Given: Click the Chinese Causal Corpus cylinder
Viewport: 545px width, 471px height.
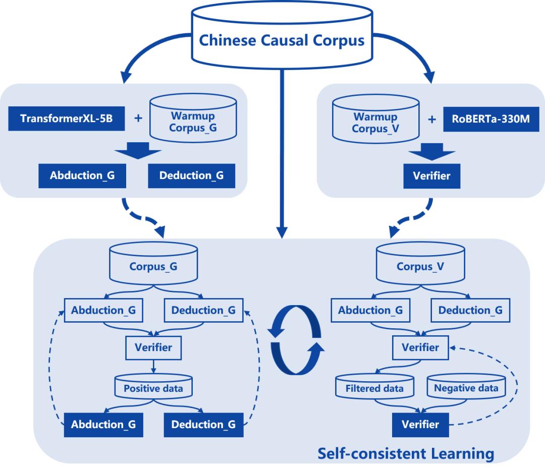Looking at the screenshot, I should coord(282,40).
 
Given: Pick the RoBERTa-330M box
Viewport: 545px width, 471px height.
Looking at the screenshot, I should coord(481,122).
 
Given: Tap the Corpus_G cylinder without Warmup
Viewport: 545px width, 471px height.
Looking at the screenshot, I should coord(152,266).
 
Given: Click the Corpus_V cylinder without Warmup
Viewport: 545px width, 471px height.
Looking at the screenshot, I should coord(420,266).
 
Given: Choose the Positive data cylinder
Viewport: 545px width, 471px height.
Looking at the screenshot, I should coord(152,388).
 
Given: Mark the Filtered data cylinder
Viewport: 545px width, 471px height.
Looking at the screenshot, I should coord(374,388).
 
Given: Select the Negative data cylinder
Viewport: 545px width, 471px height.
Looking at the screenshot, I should coord(466,388).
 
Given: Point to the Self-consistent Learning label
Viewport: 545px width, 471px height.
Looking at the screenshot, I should coord(405,453).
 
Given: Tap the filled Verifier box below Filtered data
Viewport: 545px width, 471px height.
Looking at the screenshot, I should coord(420,425).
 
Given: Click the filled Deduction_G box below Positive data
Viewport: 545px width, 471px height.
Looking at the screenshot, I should coord(203,425).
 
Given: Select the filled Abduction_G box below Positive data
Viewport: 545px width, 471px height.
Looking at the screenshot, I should coord(103,425).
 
